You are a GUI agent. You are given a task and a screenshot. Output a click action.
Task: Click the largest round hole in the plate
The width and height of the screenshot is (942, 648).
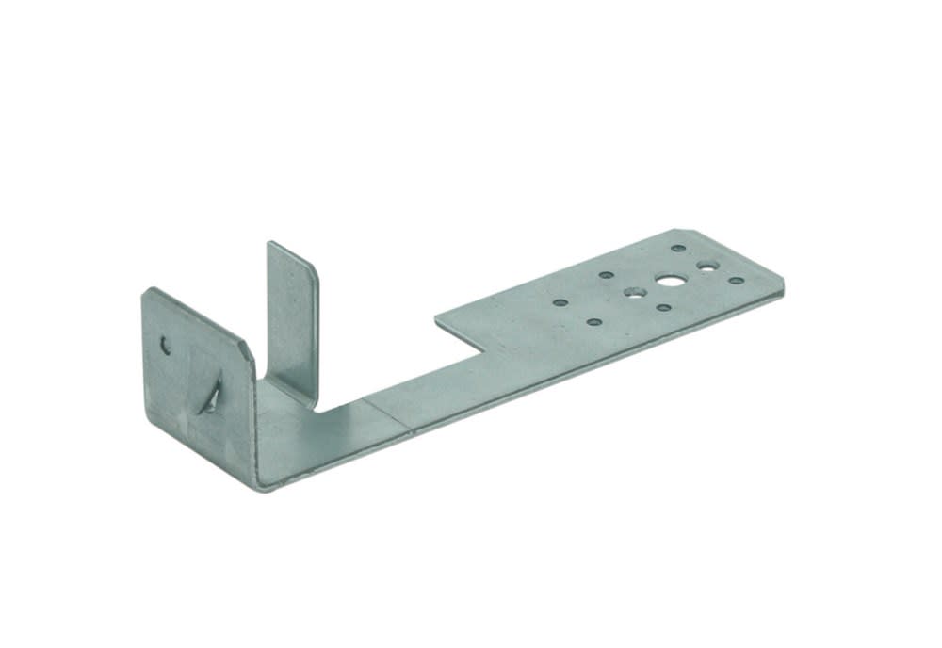pos(670,280)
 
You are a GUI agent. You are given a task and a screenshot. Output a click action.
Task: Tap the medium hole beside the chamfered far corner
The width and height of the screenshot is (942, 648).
pos(706,267)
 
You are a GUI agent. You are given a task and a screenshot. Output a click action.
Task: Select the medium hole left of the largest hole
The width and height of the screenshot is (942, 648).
pos(634,292)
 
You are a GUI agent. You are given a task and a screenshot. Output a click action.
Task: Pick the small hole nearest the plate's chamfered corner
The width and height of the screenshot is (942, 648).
pos(678,249)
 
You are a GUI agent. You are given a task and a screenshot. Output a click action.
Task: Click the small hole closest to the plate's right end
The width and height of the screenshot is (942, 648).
pos(735,281)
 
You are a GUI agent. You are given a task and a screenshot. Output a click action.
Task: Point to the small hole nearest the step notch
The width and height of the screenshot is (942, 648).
pos(560,303)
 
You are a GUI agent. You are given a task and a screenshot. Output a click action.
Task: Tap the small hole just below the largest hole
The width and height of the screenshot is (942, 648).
pos(663,307)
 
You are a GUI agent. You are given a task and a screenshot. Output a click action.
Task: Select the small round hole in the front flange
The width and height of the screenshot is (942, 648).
pos(166,346)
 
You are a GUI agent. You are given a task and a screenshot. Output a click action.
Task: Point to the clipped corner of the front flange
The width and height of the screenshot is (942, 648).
pos(248,353)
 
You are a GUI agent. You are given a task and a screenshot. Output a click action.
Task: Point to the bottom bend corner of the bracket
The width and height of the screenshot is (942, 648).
pos(262,485)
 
